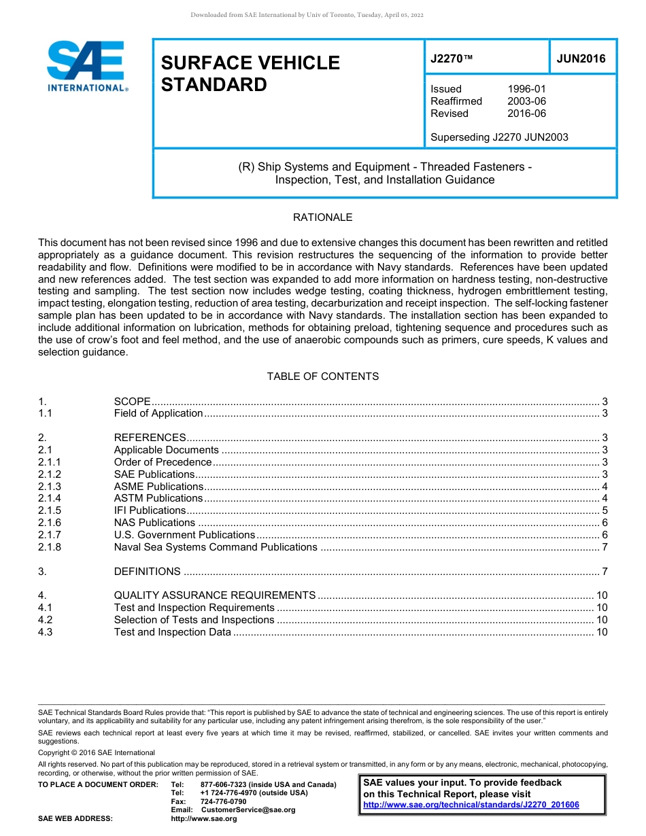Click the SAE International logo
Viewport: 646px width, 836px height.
pyautogui.click(x=86, y=66)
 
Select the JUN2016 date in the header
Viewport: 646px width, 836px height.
pyautogui.click(x=581, y=58)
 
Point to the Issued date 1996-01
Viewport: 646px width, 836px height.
pyautogui.click(x=526, y=89)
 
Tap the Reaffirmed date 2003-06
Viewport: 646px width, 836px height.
pyautogui.click(x=526, y=101)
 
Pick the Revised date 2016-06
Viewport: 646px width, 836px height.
pyautogui.click(x=526, y=114)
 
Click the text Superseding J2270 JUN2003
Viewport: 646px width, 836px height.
pyautogui.click(x=499, y=137)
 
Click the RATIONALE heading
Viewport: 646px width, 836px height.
pyautogui.click(x=322, y=217)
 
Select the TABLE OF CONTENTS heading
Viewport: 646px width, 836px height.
pyautogui.click(x=322, y=377)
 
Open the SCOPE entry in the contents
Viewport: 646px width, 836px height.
pyautogui.click(x=132, y=402)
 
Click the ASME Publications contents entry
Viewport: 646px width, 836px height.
pyautogui.click(x=158, y=487)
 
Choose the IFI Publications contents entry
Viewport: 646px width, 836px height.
pyautogui.click(x=150, y=510)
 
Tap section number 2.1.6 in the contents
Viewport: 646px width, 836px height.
pyautogui.click(x=50, y=523)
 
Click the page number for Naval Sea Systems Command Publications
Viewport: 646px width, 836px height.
pyautogui.click(x=605, y=547)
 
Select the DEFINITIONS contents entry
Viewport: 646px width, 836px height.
pyautogui.click(x=147, y=572)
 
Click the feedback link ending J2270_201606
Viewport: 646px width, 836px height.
pyautogui.click(x=471, y=805)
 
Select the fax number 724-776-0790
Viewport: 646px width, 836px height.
pyautogui.click(x=223, y=801)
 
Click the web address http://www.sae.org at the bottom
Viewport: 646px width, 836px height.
pyautogui.click(x=204, y=818)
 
